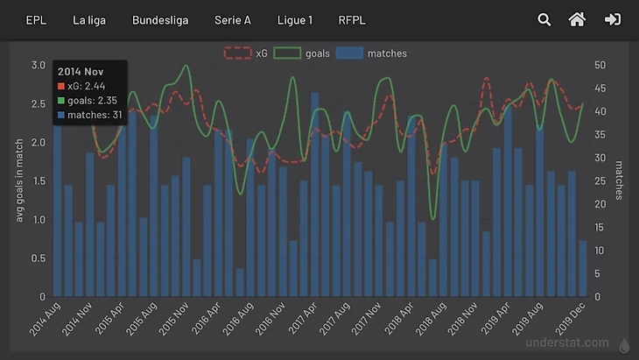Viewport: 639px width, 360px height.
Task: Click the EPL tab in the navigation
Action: point(36,19)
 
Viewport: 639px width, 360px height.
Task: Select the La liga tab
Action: point(89,19)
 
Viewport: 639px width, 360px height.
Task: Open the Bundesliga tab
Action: point(160,19)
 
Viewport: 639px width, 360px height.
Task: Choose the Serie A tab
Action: point(233,19)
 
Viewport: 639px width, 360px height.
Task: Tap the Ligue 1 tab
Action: point(294,19)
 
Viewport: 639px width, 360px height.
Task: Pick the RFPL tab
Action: point(352,19)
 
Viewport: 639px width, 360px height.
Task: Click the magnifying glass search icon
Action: point(544,19)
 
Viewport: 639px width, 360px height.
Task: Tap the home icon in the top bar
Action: point(577,19)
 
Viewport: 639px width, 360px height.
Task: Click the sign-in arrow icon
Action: point(612,19)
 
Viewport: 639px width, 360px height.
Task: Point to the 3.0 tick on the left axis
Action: point(38,65)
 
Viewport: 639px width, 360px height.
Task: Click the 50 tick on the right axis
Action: point(600,65)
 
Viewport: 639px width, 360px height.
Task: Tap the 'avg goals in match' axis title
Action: point(20,180)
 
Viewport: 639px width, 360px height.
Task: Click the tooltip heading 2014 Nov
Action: point(82,70)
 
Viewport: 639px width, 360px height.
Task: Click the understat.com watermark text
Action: point(567,343)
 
